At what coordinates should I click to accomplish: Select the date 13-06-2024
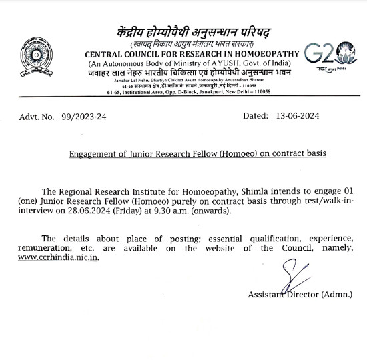click(x=297, y=116)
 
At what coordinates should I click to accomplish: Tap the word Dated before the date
click(x=256, y=116)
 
